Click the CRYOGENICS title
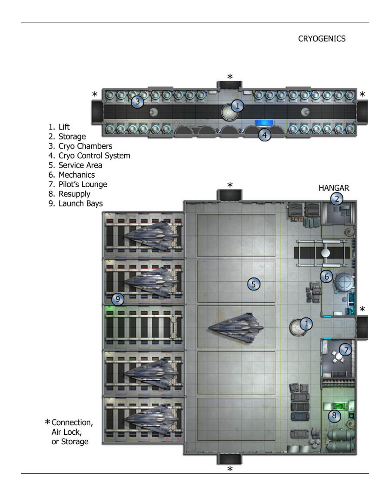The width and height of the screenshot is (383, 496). [x=322, y=38]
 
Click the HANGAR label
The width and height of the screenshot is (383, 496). [x=334, y=188]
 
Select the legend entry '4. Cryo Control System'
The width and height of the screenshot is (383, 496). [x=90, y=156]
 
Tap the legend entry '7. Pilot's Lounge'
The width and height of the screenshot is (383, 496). [x=78, y=184]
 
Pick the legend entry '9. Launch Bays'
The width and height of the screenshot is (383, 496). [x=76, y=204]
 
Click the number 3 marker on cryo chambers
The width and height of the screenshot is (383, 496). [x=138, y=102]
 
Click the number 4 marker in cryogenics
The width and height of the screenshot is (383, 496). [x=264, y=135]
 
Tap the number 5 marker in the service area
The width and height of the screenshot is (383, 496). [x=254, y=284]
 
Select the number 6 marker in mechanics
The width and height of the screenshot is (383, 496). [x=327, y=276]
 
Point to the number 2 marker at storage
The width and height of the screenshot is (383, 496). [x=337, y=199]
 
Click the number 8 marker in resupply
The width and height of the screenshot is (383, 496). [x=334, y=416]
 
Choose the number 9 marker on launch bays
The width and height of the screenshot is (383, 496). [x=118, y=299]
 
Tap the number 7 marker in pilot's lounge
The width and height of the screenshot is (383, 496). [x=346, y=350]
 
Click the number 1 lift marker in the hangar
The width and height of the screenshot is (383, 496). [x=306, y=323]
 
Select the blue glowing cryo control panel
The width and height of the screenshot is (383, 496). [x=264, y=123]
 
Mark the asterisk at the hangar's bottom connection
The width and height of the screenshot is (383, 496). [x=230, y=469]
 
